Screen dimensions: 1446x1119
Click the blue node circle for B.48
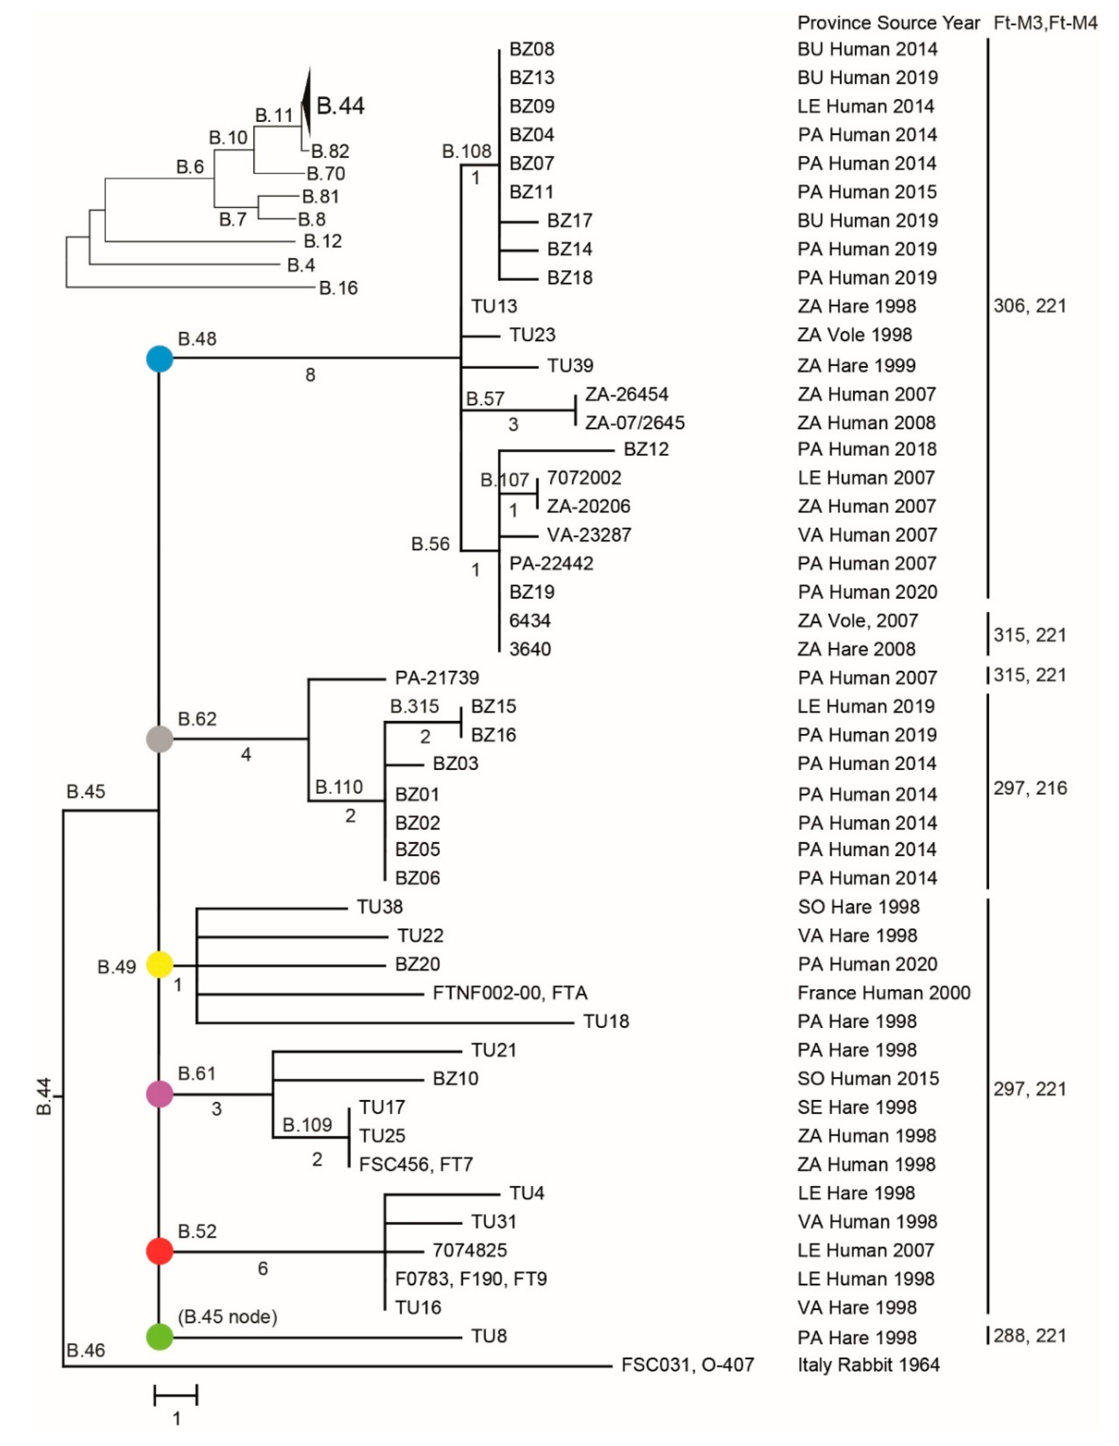tap(160, 359)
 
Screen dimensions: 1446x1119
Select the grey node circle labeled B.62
tap(160, 738)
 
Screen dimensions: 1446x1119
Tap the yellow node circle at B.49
tap(160, 965)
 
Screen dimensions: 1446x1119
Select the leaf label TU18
tap(606, 1022)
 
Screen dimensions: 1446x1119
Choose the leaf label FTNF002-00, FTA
tap(510, 993)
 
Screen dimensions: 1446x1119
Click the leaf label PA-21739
tap(437, 678)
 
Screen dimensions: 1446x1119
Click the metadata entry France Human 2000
tap(883, 993)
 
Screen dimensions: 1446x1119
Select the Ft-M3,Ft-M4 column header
tap(1045, 23)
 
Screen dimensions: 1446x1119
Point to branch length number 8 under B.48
tap(310, 375)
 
